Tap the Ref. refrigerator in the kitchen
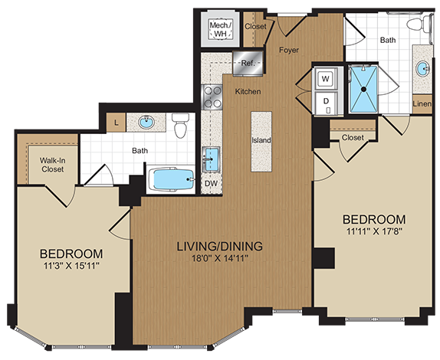tap(247, 64)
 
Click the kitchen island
tap(261, 142)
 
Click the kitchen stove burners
tap(212, 94)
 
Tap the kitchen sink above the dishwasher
tap(211, 159)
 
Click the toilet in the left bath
tap(181, 126)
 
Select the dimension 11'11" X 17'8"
tap(373, 231)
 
